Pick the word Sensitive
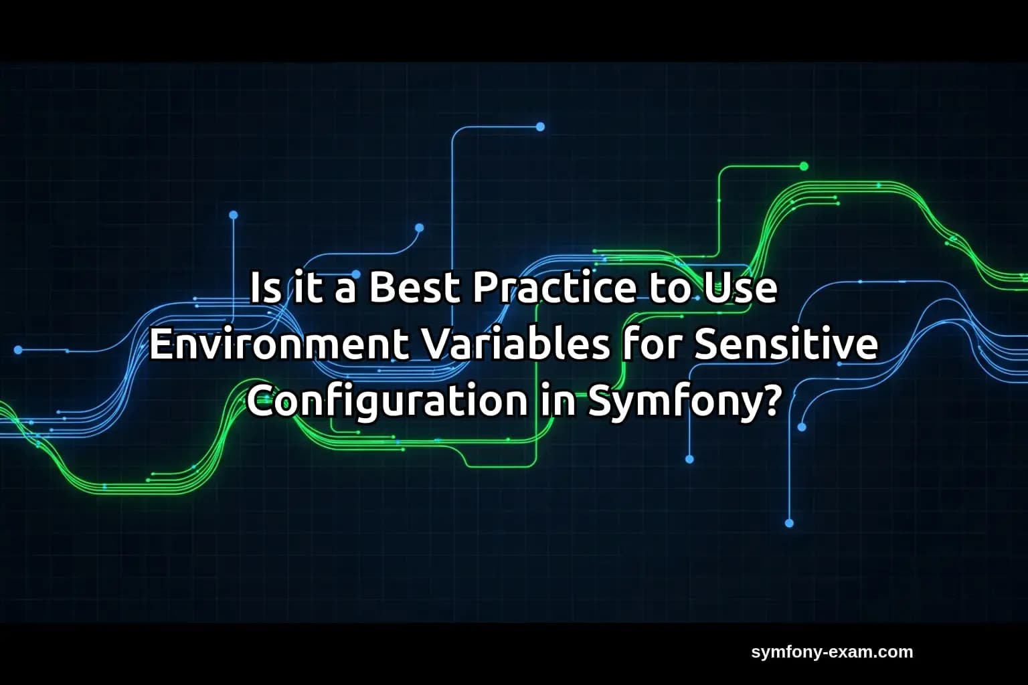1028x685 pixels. [x=786, y=345]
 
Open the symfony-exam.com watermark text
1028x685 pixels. [x=831, y=652]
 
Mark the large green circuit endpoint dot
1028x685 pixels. [x=804, y=166]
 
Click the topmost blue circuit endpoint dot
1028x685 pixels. [x=540, y=126]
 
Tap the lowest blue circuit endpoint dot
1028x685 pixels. [x=789, y=523]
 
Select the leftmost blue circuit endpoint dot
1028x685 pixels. [x=18, y=350]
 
